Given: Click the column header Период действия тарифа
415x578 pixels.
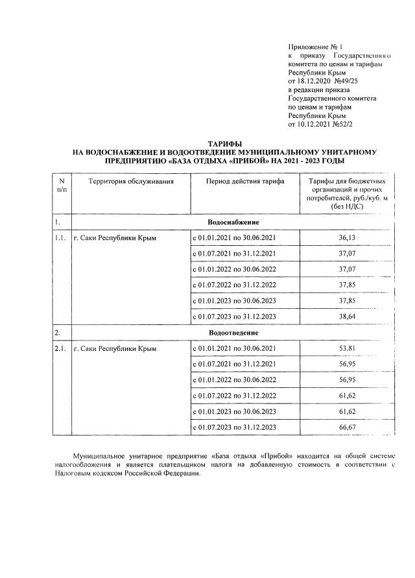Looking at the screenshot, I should click(245, 182).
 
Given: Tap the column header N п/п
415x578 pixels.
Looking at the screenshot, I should click(62, 186).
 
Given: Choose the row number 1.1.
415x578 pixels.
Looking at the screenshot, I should click(61, 238).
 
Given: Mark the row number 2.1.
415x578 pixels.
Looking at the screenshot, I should click(61, 349).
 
